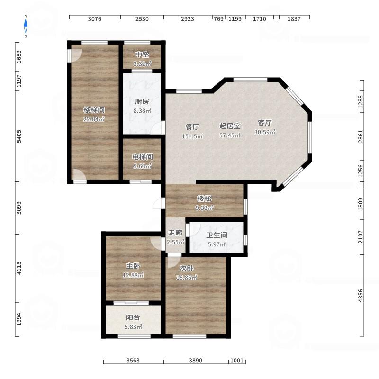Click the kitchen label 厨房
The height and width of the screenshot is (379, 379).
(x=142, y=101)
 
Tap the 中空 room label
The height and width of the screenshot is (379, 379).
(x=142, y=54)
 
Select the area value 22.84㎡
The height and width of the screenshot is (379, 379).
(x=94, y=119)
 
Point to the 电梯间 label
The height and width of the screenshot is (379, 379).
(x=143, y=157)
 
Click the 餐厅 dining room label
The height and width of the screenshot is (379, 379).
(x=192, y=127)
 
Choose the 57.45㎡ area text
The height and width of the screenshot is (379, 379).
(x=230, y=135)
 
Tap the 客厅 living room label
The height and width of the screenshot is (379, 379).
(x=265, y=123)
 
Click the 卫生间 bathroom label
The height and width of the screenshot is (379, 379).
(x=217, y=235)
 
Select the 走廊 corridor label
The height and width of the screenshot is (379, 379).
(x=175, y=233)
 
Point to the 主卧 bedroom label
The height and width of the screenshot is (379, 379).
(x=133, y=266)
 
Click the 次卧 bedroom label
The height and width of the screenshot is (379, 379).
(x=186, y=268)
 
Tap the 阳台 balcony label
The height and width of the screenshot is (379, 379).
(x=133, y=317)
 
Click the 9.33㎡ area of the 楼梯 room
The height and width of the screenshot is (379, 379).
(x=204, y=208)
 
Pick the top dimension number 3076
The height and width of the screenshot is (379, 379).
(x=95, y=19)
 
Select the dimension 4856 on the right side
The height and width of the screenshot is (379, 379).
(x=361, y=295)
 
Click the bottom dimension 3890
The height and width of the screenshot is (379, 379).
(x=196, y=361)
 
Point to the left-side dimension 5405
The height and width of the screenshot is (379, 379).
(x=19, y=136)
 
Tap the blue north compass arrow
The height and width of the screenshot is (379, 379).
(x=26, y=26)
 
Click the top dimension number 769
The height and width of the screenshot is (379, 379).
(x=218, y=19)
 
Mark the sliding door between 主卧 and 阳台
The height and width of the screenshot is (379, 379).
(x=131, y=303)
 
